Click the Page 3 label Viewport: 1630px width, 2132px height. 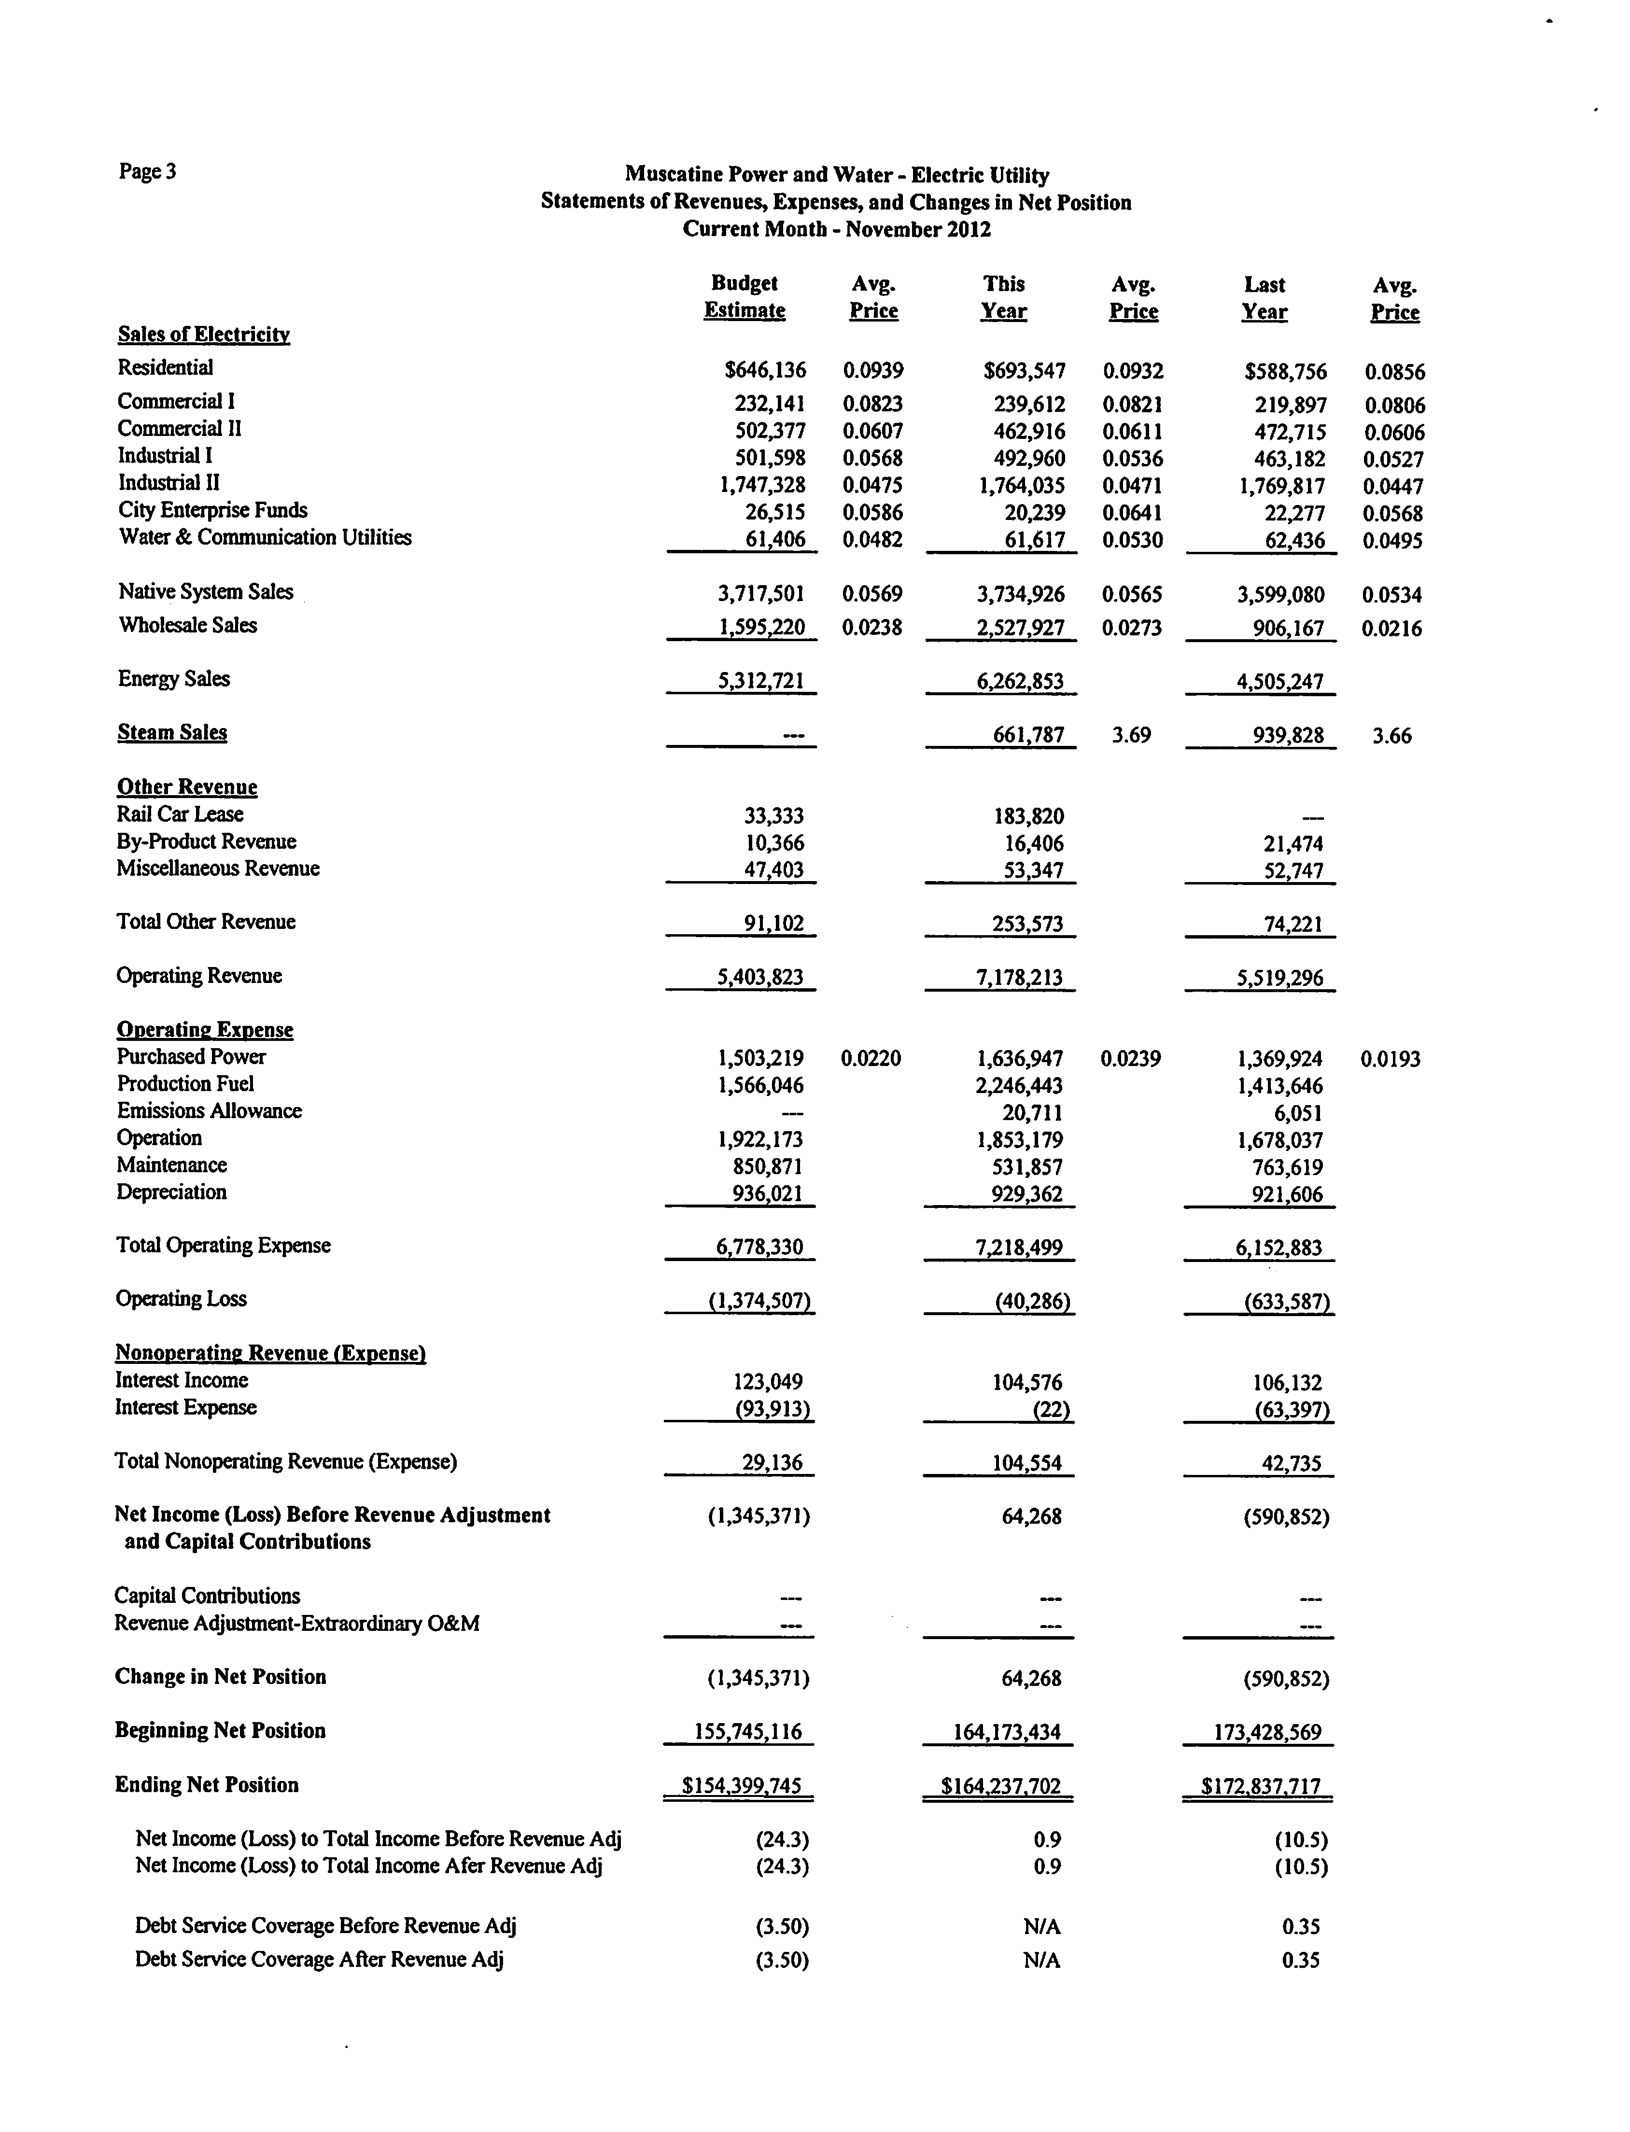pyautogui.click(x=147, y=172)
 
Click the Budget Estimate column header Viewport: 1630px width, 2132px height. pyautogui.click(x=744, y=297)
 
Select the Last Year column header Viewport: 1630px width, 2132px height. pyautogui.click(x=1264, y=298)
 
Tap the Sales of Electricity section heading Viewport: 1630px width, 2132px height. pyautogui.click(x=204, y=335)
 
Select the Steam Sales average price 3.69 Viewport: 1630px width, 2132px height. pyautogui.click(x=1131, y=735)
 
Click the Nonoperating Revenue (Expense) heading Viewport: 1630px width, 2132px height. pyautogui.click(x=271, y=1353)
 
